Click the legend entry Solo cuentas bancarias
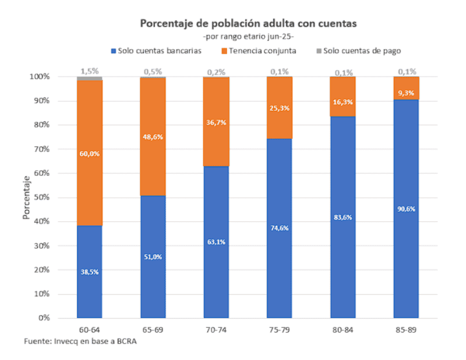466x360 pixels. pyautogui.click(x=156, y=51)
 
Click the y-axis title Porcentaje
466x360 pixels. pyautogui.click(x=27, y=197)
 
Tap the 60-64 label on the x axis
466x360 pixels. pyautogui.click(x=90, y=330)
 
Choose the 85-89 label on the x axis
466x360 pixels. pyautogui.click(x=405, y=330)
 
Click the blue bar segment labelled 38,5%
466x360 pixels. pyautogui.click(x=90, y=271)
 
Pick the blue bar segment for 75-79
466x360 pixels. pyautogui.click(x=279, y=228)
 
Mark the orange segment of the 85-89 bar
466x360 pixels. pyautogui.click(x=405, y=88)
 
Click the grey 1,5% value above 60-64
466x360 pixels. pyautogui.click(x=90, y=71)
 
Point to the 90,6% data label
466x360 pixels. pyautogui.click(x=405, y=209)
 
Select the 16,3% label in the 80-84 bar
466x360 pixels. pyautogui.click(x=343, y=101)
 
